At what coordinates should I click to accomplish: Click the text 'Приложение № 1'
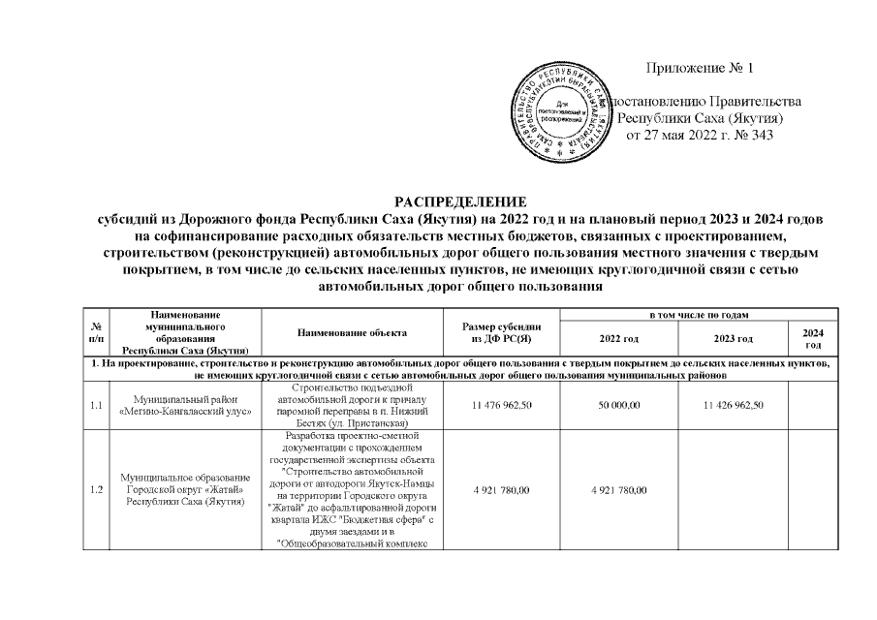tap(698, 68)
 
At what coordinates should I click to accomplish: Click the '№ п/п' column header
tap(95, 333)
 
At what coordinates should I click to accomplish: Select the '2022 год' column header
tap(619, 339)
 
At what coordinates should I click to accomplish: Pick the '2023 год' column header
tap(732, 339)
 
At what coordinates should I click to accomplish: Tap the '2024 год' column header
tap(813, 339)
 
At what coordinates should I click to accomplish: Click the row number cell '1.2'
tap(95, 490)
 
